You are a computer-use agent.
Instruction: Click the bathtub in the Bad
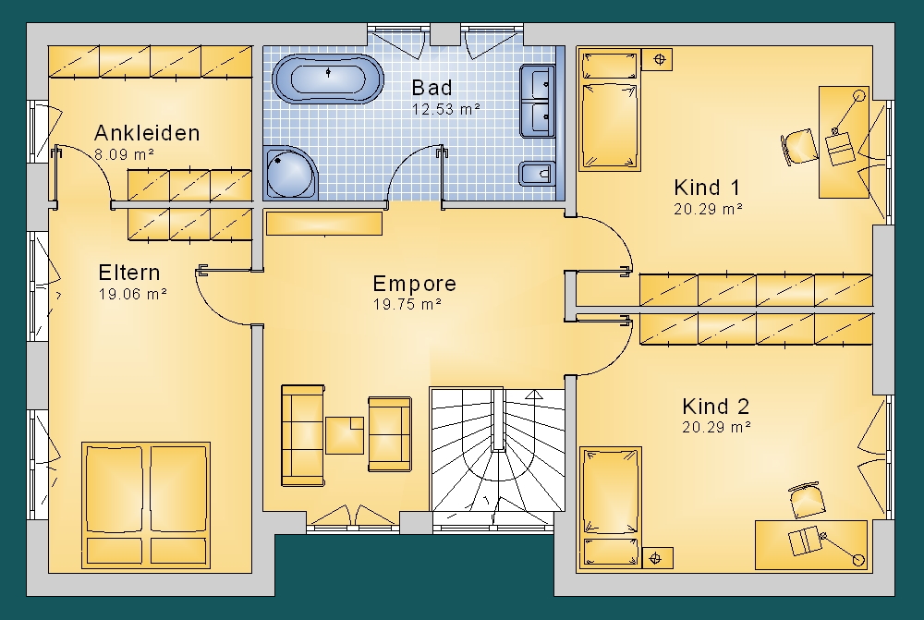click(x=328, y=79)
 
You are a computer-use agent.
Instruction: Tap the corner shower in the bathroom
click(x=290, y=173)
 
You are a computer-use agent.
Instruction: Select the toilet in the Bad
click(x=536, y=174)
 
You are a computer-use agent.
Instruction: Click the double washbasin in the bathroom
click(x=538, y=102)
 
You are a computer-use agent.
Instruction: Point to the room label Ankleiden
click(x=147, y=133)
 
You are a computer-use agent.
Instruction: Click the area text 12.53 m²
click(x=446, y=109)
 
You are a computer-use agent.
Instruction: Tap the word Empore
click(x=415, y=284)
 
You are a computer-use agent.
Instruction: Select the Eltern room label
click(x=129, y=273)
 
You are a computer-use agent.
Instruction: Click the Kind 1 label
click(x=707, y=188)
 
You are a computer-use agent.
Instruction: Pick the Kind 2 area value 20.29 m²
click(x=717, y=427)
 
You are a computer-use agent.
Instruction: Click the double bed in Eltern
click(x=146, y=505)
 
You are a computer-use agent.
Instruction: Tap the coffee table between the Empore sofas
click(x=345, y=435)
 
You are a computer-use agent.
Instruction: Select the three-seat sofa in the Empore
click(x=303, y=435)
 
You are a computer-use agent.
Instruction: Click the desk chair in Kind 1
click(x=799, y=146)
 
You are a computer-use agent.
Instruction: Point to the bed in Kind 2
click(x=611, y=508)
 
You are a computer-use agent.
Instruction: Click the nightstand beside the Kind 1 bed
click(x=657, y=59)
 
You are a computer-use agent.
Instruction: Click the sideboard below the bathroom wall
click(x=324, y=224)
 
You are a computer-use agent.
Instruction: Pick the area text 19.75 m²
click(x=407, y=305)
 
